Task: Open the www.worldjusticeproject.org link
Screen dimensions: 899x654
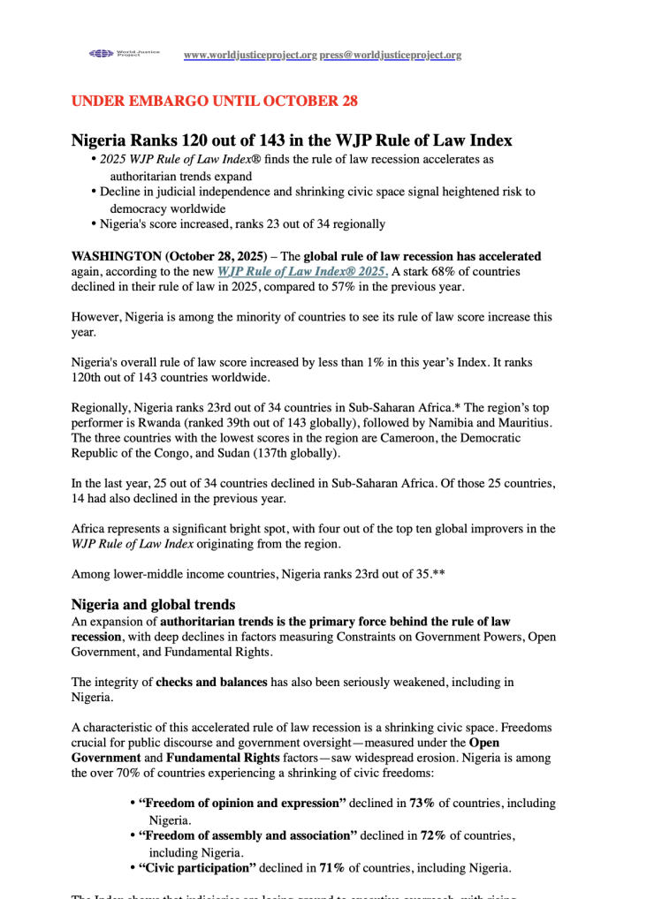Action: tap(250, 55)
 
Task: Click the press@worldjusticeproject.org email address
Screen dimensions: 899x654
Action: tap(391, 55)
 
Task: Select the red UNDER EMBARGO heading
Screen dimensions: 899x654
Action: tap(214, 101)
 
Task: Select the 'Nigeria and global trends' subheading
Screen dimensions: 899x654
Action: tap(153, 605)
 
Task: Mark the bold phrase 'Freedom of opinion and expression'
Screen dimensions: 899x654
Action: tap(241, 804)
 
